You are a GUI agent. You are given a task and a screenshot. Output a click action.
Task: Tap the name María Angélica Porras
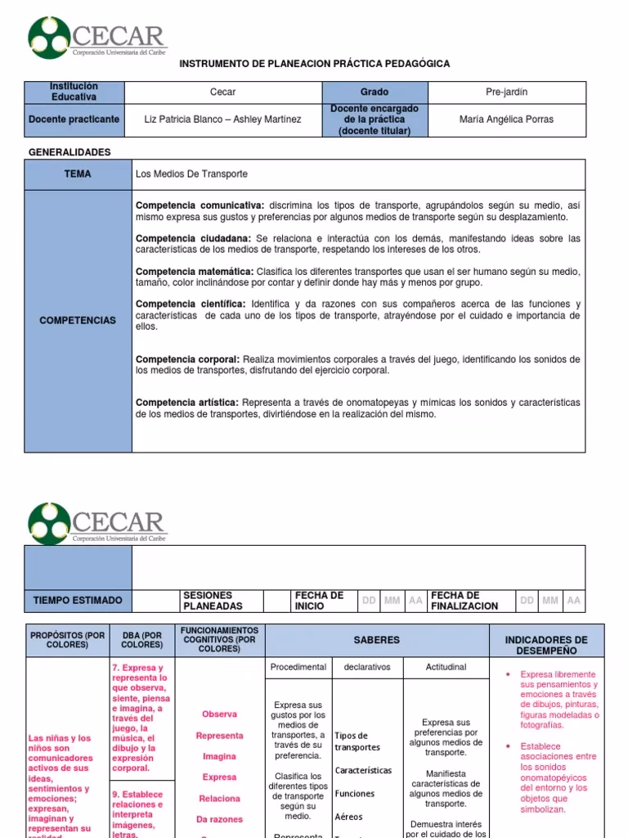point(506,119)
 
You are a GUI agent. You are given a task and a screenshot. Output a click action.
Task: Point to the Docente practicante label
point(74,119)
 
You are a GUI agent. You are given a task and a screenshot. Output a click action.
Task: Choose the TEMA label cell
point(78,174)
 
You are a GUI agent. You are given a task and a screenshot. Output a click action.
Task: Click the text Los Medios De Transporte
point(191,174)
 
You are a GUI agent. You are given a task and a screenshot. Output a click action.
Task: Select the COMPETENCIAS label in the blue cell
point(78,320)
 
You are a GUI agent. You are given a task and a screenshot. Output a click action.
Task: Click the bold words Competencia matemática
point(194,271)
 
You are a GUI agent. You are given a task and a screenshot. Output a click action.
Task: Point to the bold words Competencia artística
point(186,403)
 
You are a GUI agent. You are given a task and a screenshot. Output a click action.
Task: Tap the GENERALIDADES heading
point(70,152)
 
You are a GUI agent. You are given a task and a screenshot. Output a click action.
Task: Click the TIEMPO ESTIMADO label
point(78,600)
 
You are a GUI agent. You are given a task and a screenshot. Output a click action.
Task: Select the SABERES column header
point(376,640)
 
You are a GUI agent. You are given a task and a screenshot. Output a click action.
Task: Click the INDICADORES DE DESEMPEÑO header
point(545,645)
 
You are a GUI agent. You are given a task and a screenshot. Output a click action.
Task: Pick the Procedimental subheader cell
point(298,667)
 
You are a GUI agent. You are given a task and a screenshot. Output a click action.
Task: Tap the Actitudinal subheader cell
point(446,667)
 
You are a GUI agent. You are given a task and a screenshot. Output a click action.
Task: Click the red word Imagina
point(220,756)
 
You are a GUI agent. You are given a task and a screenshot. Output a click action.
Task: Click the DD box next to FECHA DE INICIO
point(370,600)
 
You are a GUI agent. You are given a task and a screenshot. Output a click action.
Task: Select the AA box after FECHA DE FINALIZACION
point(573,600)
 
